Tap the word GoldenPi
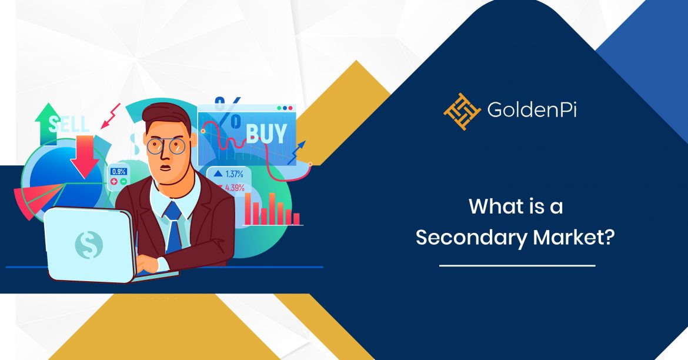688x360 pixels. click(532, 109)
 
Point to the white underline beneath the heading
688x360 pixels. click(517, 266)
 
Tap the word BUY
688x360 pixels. click(266, 134)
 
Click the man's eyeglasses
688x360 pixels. click(166, 145)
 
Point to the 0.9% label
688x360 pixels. click(119, 172)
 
